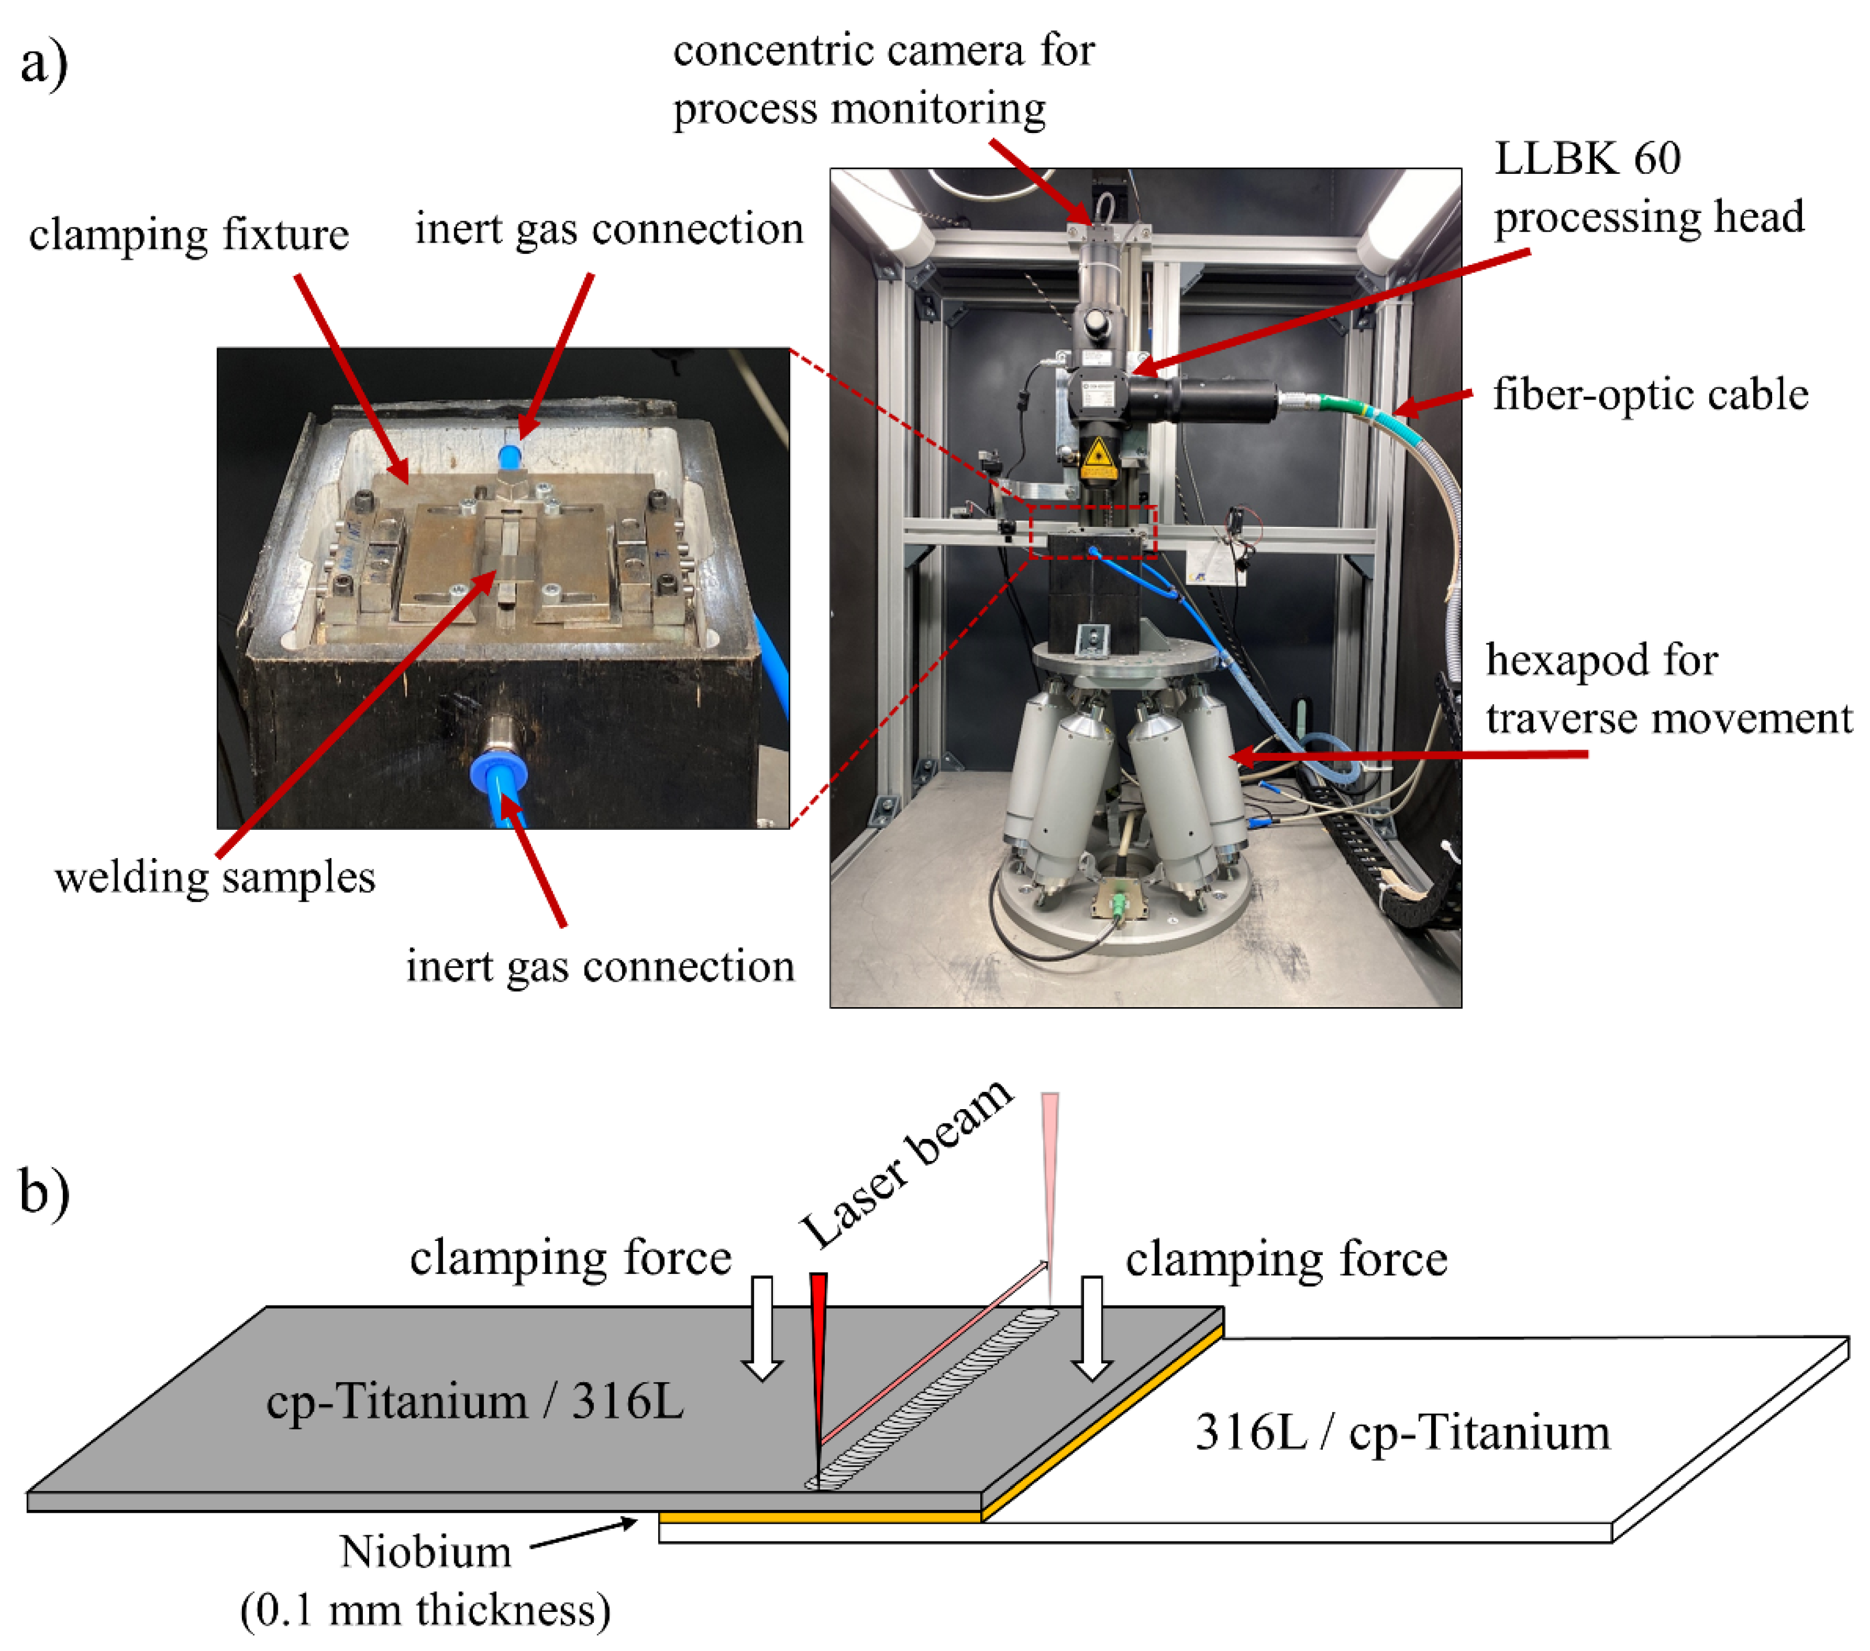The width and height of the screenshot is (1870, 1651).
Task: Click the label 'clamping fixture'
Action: pyautogui.click(x=188, y=235)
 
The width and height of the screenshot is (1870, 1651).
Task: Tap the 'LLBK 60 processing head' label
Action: pyautogui.click(x=1649, y=188)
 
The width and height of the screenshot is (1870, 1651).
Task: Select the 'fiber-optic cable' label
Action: pyautogui.click(x=1651, y=395)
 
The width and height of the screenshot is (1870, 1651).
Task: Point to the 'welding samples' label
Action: pyautogui.click(x=215, y=878)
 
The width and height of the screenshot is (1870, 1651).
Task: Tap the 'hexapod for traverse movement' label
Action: pyautogui.click(x=1668, y=689)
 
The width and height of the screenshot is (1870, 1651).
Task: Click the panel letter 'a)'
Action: pyautogui.click(x=44, y=64)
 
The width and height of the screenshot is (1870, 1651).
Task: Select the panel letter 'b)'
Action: pyautogui.click(x=44, y=1193)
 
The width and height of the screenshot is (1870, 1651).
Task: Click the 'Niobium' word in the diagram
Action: pyautogui.click(x=426, y=1551)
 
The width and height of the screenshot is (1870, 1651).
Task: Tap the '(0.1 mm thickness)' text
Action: pyautogui.click(x=426, y=1610)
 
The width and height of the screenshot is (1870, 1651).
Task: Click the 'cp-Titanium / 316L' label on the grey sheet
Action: pyautogui.click(x=475, y=1401)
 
